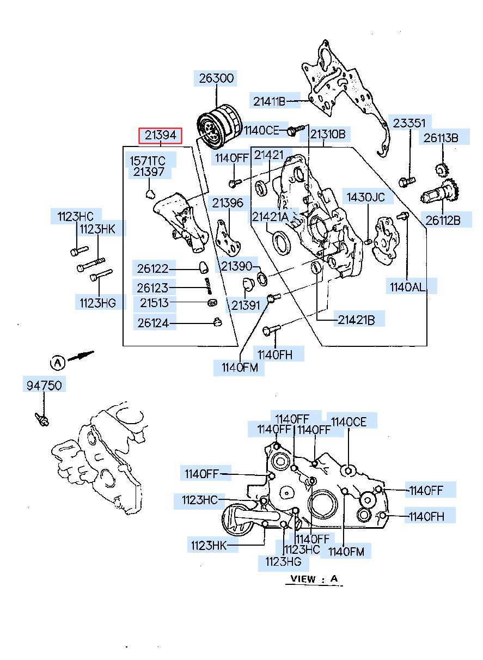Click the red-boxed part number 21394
point(160,136)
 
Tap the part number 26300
point(216,78)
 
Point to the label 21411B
point(269,102)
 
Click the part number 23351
point(409,123)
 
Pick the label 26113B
point(441,138)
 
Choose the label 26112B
point(443,220)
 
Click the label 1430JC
point(365,197)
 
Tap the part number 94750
point(44,386)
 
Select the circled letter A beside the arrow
point(58,362)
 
